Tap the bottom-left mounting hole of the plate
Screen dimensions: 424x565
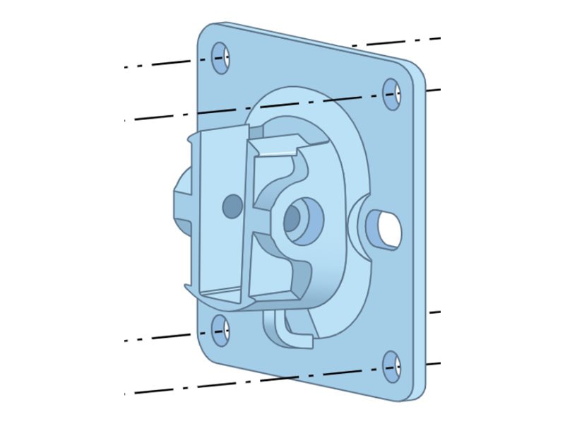point(221,331)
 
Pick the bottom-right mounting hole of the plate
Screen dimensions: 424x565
point(392,365)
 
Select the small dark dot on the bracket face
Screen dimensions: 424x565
point(232,206)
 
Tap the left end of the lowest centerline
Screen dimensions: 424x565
point(126,394)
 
